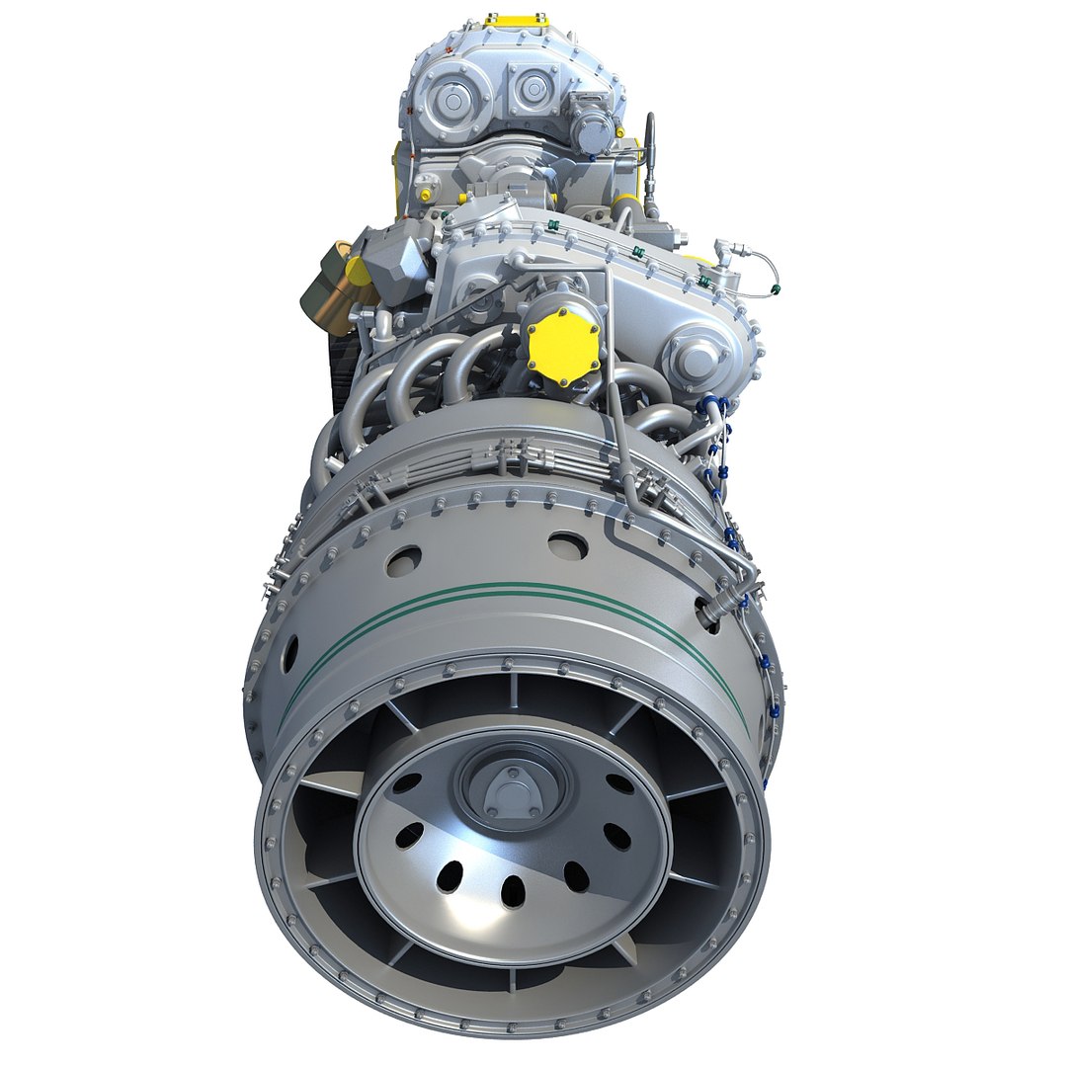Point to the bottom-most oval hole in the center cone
tap(513, 891)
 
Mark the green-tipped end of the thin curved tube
tap(777, 289)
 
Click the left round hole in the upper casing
tap(403, 561)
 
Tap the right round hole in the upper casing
tap(567, 544)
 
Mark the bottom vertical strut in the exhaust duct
tap(512, 978)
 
